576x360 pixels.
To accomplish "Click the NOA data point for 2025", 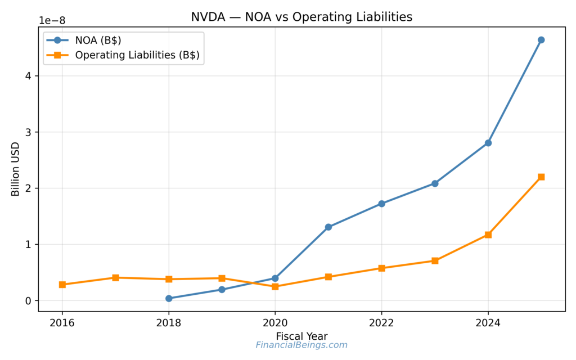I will point(541,40).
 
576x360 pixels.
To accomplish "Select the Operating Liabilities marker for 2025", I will point(541,177).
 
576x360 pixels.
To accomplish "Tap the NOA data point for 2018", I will point(169,298).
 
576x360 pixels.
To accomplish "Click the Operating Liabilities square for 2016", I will point(62,285).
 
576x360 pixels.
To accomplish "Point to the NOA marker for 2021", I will point(328,227).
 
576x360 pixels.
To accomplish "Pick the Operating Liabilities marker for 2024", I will point(488,235).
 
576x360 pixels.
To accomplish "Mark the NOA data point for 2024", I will point(488,143).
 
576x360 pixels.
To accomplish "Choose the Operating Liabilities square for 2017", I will point(115,277).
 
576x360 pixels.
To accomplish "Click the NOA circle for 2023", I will point(435,183).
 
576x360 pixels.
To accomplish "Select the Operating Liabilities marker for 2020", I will point(275,286).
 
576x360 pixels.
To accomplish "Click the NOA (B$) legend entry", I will point(98,40).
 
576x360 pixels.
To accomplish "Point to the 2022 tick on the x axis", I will point(381,323).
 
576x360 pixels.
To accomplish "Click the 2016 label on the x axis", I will point(62,323).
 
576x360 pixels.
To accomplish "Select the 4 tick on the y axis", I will point(28,76).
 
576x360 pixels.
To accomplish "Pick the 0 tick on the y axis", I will point(28,300).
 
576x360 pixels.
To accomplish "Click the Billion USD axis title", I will point(15,169).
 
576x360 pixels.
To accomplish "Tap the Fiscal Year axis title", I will point(301,336).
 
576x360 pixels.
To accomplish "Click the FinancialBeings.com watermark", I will point(301,345).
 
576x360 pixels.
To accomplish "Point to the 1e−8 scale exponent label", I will point(52,20).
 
